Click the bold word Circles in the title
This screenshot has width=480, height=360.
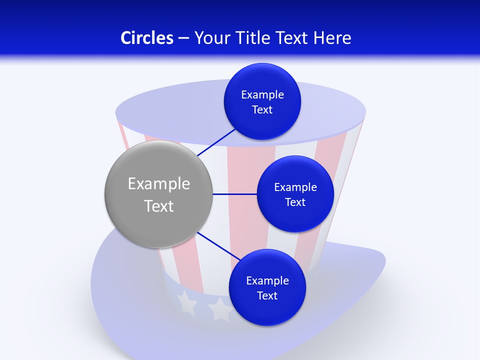[x=146, y=38]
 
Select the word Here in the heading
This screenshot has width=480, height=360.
[x=332, y=38]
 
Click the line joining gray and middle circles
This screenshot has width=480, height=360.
[x=234, y=194]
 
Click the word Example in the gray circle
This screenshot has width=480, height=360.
[x=159, y=183]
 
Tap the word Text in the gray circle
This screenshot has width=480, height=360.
[x=159, y=206]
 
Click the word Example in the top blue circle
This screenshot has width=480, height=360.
[x=262, y=94]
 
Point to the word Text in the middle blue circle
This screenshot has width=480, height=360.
[x=295, y=202]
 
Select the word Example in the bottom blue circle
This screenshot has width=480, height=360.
[x=267, y=280]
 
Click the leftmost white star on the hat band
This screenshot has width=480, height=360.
[x=186, y=303]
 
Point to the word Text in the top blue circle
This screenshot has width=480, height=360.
[x=262, y=109]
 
